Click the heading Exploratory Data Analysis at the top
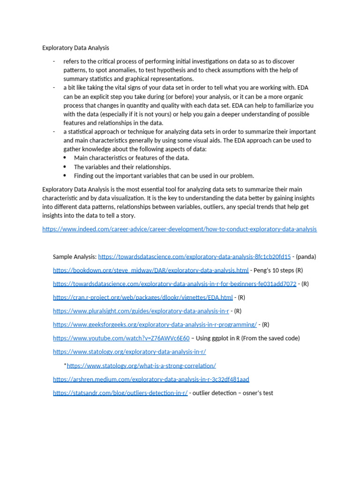(75, 48)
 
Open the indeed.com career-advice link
(179, 229)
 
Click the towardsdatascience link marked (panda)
(194, 256)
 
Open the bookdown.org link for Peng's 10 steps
(150, 270)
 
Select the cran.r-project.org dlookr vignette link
(142, 297)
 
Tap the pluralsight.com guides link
(141, 311)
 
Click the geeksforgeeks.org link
(155, 324)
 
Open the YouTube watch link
(121, 338)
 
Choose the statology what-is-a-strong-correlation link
(141, 366)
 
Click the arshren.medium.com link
(151, 379)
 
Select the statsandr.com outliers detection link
(120, 393)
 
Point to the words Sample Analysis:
(75, 256)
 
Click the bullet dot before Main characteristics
(65, 158)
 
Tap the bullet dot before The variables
(65, 167)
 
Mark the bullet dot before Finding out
(65, 176)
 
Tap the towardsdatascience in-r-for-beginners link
(174, 284)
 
